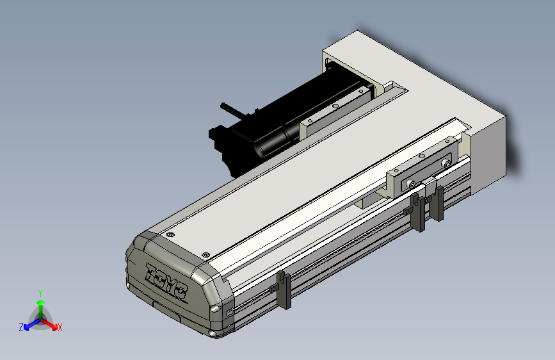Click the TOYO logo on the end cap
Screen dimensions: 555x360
(x=166, y=281)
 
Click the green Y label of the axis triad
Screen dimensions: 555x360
(x=40, y=293)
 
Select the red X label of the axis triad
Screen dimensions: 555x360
(x=60, y=327)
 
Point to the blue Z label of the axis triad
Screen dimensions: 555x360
(x=21, y=327)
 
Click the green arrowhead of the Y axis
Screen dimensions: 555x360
(x=41, y=303)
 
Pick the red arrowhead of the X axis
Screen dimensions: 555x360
(x=54, y=326)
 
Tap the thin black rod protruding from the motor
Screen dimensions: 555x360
(x=233, y=110)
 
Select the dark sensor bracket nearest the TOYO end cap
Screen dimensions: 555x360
(x=284, y=290)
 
